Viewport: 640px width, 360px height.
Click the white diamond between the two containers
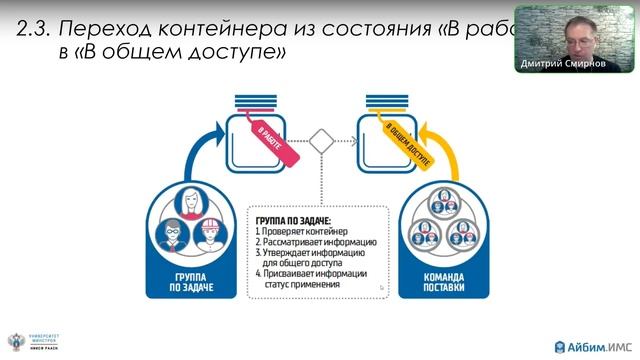point(320,141)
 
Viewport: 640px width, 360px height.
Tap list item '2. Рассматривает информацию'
point(315,242)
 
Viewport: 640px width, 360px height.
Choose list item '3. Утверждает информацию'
point(312,253)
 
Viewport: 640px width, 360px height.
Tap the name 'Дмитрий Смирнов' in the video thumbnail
point(564,65)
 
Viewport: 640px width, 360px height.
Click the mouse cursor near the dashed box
point(380,287)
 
